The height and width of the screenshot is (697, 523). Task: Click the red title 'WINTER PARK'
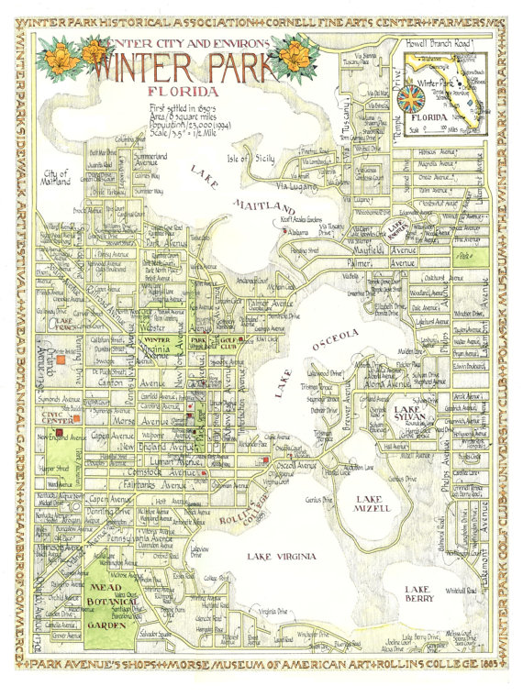tap(184, 67)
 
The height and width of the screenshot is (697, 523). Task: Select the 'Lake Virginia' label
tap(280, 556)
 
